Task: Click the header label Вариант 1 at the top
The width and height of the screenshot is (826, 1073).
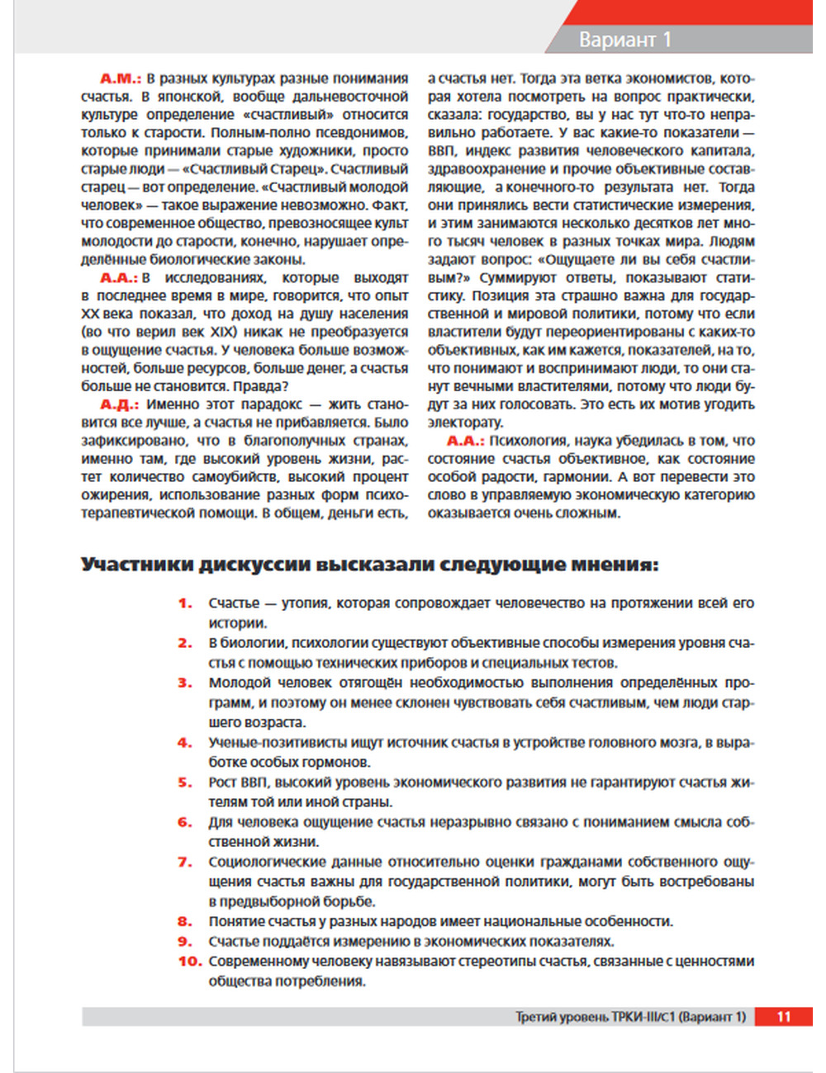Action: click(624, 40)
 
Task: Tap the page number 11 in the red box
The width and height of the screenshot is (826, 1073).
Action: click(783, 1017)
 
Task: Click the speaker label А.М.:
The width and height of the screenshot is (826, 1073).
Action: click(121, 78)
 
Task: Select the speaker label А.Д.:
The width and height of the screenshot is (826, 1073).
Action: click(121, 404)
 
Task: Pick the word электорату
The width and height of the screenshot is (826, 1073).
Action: click(465, 423)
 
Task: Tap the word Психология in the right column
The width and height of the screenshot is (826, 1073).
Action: click(528, 441)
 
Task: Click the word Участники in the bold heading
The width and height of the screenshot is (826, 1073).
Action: click(137, 565)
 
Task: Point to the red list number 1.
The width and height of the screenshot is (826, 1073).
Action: click(185, 603)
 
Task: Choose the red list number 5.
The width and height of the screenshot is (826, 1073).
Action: click(185, 782)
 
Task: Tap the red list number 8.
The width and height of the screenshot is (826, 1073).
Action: click(185, 922)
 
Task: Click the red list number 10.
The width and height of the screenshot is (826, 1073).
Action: click(189, 962)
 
